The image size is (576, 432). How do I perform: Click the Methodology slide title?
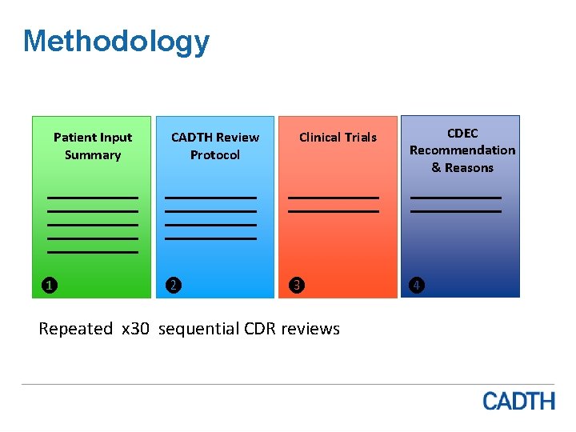(116, 41)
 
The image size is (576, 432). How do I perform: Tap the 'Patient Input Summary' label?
(93, 146)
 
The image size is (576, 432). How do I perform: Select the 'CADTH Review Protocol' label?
(215, 146)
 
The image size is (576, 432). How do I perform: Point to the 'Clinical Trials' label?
(338, 137)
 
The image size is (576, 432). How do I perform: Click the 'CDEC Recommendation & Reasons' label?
(462, 150)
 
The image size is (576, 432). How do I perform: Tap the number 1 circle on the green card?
(49, 285)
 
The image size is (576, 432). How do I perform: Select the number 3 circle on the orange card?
(296, 285)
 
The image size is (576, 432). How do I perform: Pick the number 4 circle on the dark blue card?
(418, 285)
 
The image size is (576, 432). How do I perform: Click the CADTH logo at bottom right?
(518, 400)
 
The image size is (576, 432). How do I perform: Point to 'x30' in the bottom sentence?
(135, 329)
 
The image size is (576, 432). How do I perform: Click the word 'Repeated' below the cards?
(76, 329)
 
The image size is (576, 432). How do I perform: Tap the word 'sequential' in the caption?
(198, 329)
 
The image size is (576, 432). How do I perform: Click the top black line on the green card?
(93, 197)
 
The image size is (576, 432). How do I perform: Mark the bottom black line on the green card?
(93, 252)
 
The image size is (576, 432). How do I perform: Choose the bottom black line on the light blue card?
(210, 238)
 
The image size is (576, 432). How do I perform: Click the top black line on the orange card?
(333, 197)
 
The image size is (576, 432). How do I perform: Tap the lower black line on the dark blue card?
(456, 211)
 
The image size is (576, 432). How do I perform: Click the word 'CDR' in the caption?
(258, 329)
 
